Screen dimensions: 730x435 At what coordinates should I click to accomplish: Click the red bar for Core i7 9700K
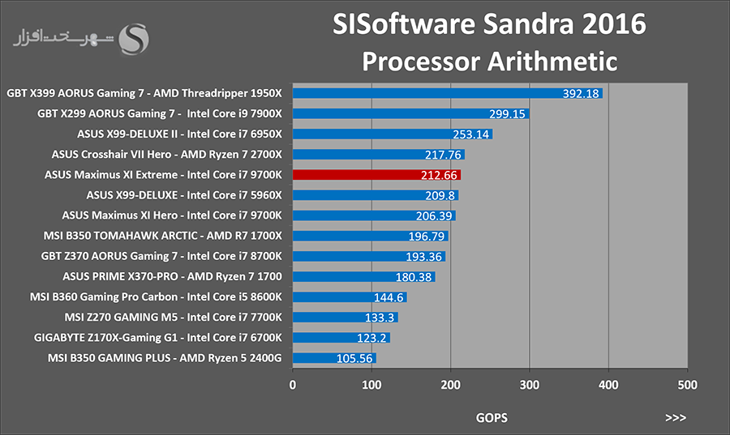tap(376, 175)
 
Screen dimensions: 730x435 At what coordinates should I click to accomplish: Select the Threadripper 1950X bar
tap(448, 93)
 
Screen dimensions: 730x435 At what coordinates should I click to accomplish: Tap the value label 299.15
tap(507, 114)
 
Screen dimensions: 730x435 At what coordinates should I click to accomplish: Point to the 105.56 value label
tap(354, 358)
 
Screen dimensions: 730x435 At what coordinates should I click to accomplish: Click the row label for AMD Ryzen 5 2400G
tap(165, 358)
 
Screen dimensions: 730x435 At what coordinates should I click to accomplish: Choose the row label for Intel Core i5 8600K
tap(156, 296)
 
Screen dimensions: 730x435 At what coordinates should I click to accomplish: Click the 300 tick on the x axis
tap(530, 385)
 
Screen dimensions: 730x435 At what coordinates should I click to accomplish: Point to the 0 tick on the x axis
tap(292, 385)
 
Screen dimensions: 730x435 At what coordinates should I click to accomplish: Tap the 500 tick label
tap(688, 385)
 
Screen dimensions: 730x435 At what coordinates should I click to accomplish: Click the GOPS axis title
tap(492, 418)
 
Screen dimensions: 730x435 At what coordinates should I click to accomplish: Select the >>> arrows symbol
tap(676, 418)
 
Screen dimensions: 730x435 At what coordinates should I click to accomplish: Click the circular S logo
tap(134, 39)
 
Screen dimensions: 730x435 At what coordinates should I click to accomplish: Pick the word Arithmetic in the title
tap(552, 62)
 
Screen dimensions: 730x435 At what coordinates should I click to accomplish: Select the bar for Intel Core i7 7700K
tap(346, 318)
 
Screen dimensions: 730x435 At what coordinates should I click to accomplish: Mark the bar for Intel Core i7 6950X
tap(393, 134)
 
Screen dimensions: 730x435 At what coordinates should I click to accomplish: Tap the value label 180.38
tap(414, 277)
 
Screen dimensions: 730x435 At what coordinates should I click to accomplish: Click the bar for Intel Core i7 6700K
tap(341, 338)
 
